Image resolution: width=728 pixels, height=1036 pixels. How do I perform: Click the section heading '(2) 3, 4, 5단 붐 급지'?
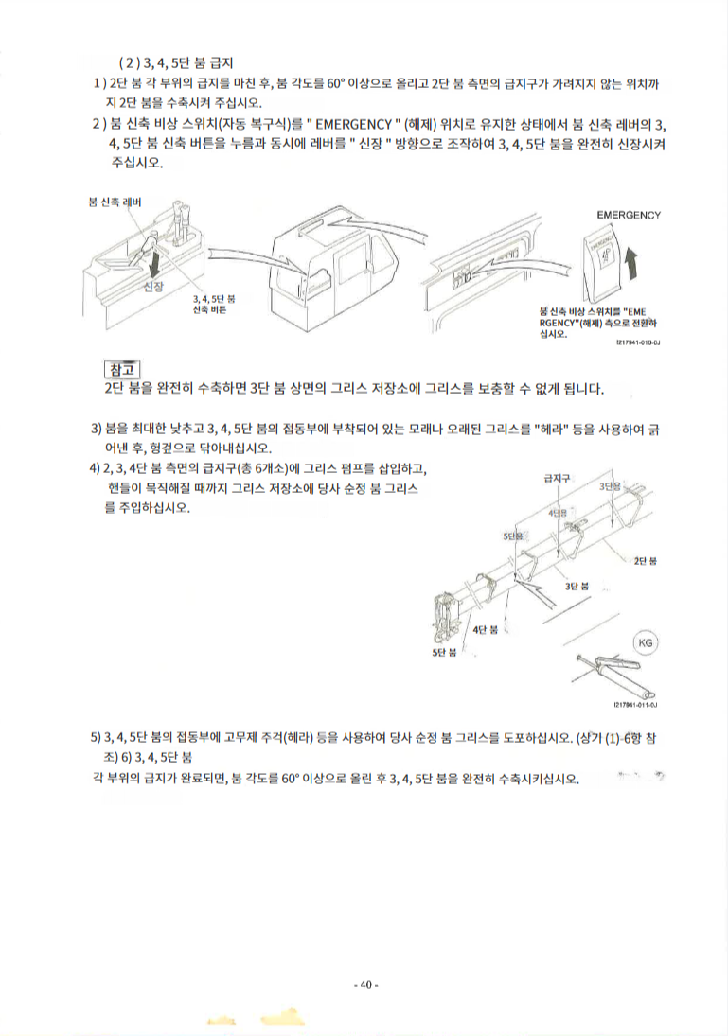point(177,64)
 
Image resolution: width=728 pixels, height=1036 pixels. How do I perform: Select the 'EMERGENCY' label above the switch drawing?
point(628,215)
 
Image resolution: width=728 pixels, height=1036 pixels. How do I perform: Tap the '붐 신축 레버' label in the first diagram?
point(113,202)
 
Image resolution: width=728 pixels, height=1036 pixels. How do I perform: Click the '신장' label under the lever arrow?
point(153,287)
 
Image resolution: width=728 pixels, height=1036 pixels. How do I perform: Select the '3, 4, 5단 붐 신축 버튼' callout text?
point(214,304)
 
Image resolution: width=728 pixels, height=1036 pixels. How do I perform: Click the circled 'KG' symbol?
point(645,643)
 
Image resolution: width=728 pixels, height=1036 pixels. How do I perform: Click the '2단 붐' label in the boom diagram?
point(646,561)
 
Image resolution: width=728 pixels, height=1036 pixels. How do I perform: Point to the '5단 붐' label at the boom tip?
point(444,652)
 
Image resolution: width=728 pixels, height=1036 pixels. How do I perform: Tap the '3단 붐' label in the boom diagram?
point(577,586)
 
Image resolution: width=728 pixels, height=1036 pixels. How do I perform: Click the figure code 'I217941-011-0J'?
point(635,704)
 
